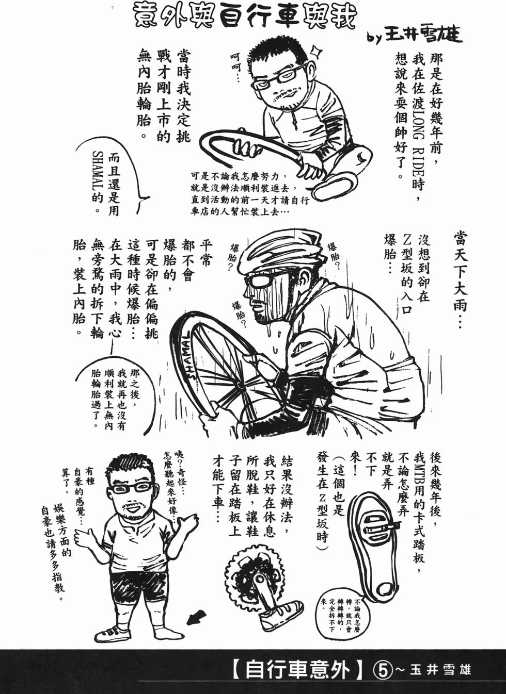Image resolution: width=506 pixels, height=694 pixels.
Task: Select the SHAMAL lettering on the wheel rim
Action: (184, 356)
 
